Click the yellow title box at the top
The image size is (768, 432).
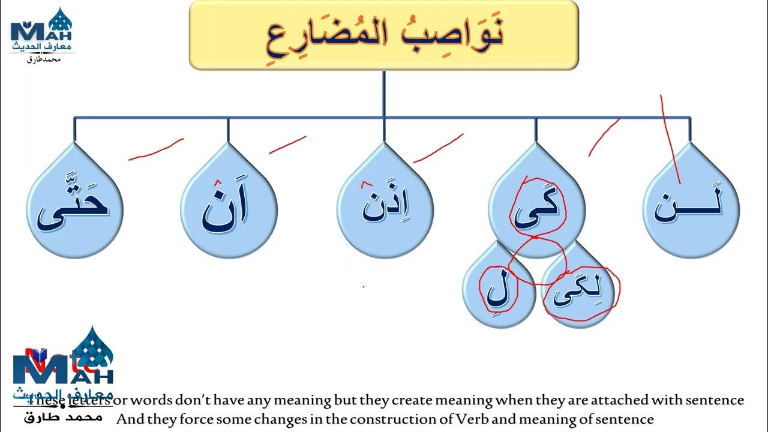pos(384,34)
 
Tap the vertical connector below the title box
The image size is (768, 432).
pos(383,93)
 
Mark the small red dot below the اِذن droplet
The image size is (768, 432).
pos(363,287)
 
